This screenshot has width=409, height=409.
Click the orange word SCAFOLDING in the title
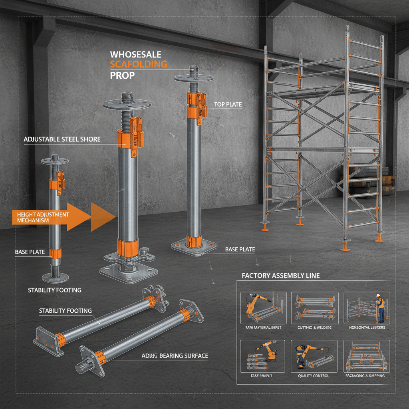(x=138, y=64)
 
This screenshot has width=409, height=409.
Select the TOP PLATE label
(x=228, y=104)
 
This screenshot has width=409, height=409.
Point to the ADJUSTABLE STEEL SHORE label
(x=62, y=139)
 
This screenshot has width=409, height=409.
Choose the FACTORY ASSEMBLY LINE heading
(x=280, y=276)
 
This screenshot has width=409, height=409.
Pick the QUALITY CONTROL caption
(x=314, y=375)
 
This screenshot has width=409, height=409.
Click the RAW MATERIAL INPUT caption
(x=263, y=328)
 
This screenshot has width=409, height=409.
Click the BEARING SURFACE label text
(x=184, y=355)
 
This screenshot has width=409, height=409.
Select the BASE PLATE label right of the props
(x=240, y=249)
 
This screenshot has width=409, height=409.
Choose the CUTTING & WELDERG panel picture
(x=314, y=308)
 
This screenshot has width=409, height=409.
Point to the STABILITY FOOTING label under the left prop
(x=54, y=290)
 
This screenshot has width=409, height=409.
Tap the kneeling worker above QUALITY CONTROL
(x=300, y=357)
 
